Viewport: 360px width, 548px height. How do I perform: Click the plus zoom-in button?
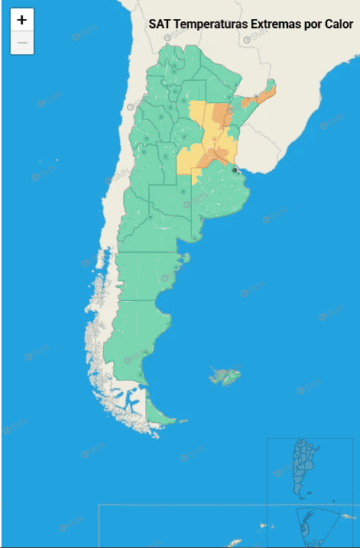[x=22, y=21]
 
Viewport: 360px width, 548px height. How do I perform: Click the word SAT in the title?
[x=160, y=24]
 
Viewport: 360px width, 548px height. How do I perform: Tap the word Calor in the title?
[x=336, y=24]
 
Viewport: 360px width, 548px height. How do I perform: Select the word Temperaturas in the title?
[x=211, y=24]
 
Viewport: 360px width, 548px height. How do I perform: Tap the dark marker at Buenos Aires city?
[x=235, y=159]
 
